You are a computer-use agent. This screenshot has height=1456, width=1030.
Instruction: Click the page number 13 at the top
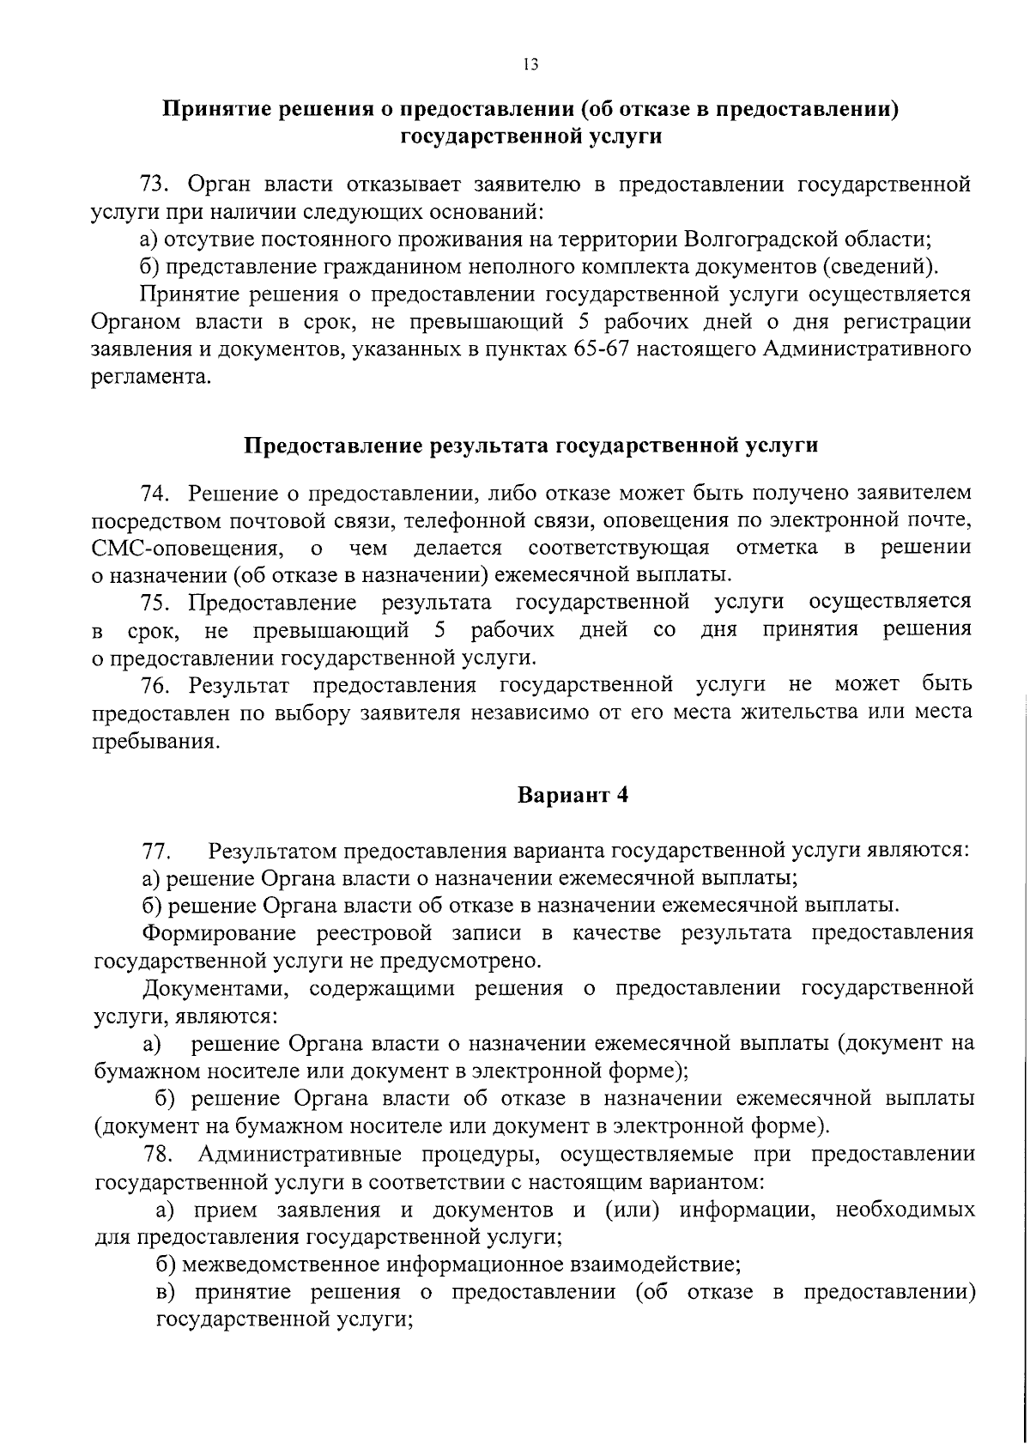[530, 64]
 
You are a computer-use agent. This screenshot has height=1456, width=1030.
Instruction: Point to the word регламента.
[149, 378]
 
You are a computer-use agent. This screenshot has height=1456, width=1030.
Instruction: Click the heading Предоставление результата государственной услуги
[531, 446]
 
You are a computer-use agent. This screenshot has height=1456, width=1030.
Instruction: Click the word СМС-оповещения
[187, 549]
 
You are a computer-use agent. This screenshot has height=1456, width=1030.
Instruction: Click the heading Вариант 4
[573, 795]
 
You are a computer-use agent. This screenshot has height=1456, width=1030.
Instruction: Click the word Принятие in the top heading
[213, 109]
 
